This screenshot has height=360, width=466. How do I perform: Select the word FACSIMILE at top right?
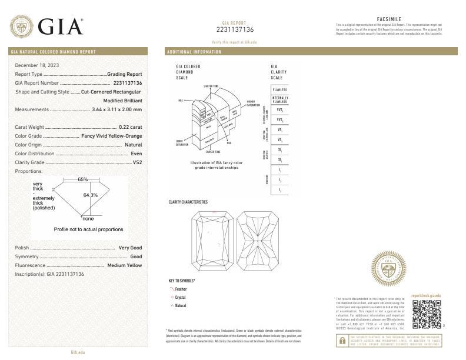click(x=388, y=19)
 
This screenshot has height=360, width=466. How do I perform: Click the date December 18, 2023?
click(x=37, y=65)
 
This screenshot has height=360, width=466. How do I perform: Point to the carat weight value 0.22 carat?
click(x=130, y=127)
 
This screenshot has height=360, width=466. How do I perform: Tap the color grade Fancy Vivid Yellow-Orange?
click(x=111, y=136)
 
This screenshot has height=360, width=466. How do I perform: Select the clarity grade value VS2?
click(x=137, y=162)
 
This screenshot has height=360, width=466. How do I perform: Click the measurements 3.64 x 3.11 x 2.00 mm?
click(x=117, y=109)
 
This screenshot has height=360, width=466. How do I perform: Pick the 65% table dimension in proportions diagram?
click(x=83, y=179)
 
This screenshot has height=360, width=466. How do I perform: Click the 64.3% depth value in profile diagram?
click(x=90, y=195)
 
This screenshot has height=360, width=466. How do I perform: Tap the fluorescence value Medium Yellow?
click(x=124, y=265)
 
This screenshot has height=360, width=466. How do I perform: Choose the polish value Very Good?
click(x=130, y=248)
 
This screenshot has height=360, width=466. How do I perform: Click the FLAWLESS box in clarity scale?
click(x=279, y=89)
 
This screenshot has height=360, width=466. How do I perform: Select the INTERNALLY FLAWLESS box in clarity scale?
click(x=279, y=99)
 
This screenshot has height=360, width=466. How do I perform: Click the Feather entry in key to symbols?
click(x=181, y=289)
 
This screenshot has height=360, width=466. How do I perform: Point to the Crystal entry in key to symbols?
click(x=180, y=298)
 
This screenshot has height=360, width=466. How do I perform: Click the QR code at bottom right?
click(x=426, y=314)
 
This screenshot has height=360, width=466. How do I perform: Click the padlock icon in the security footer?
click(x=342, y=341)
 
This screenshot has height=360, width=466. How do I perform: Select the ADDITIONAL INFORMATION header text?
click(x=195, y=52)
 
